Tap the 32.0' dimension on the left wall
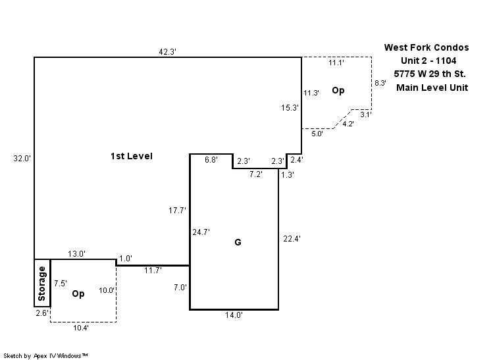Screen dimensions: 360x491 pos(22,158)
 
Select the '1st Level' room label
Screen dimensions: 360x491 pos(131,157)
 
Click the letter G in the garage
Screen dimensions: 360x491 pos(238,242)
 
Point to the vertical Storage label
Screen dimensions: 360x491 pos(42,282)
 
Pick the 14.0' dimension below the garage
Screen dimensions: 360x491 pos(234,315)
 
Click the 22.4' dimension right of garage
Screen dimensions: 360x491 pos(291,239)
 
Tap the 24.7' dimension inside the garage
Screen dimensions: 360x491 pos(201,232)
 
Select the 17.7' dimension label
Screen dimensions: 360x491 pos(178,211)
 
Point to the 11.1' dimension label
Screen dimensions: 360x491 pos(336,63)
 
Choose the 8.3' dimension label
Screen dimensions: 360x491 pos(380,83)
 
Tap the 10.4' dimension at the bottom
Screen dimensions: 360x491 pos(82,327)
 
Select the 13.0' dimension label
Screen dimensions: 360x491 pos(76,254)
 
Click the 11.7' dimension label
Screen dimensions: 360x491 pos(153,270)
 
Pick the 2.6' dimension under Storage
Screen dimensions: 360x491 pos(41,313)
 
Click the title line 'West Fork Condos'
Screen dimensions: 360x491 pos(427,47)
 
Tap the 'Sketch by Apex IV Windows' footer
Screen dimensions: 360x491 pos(46,355)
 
